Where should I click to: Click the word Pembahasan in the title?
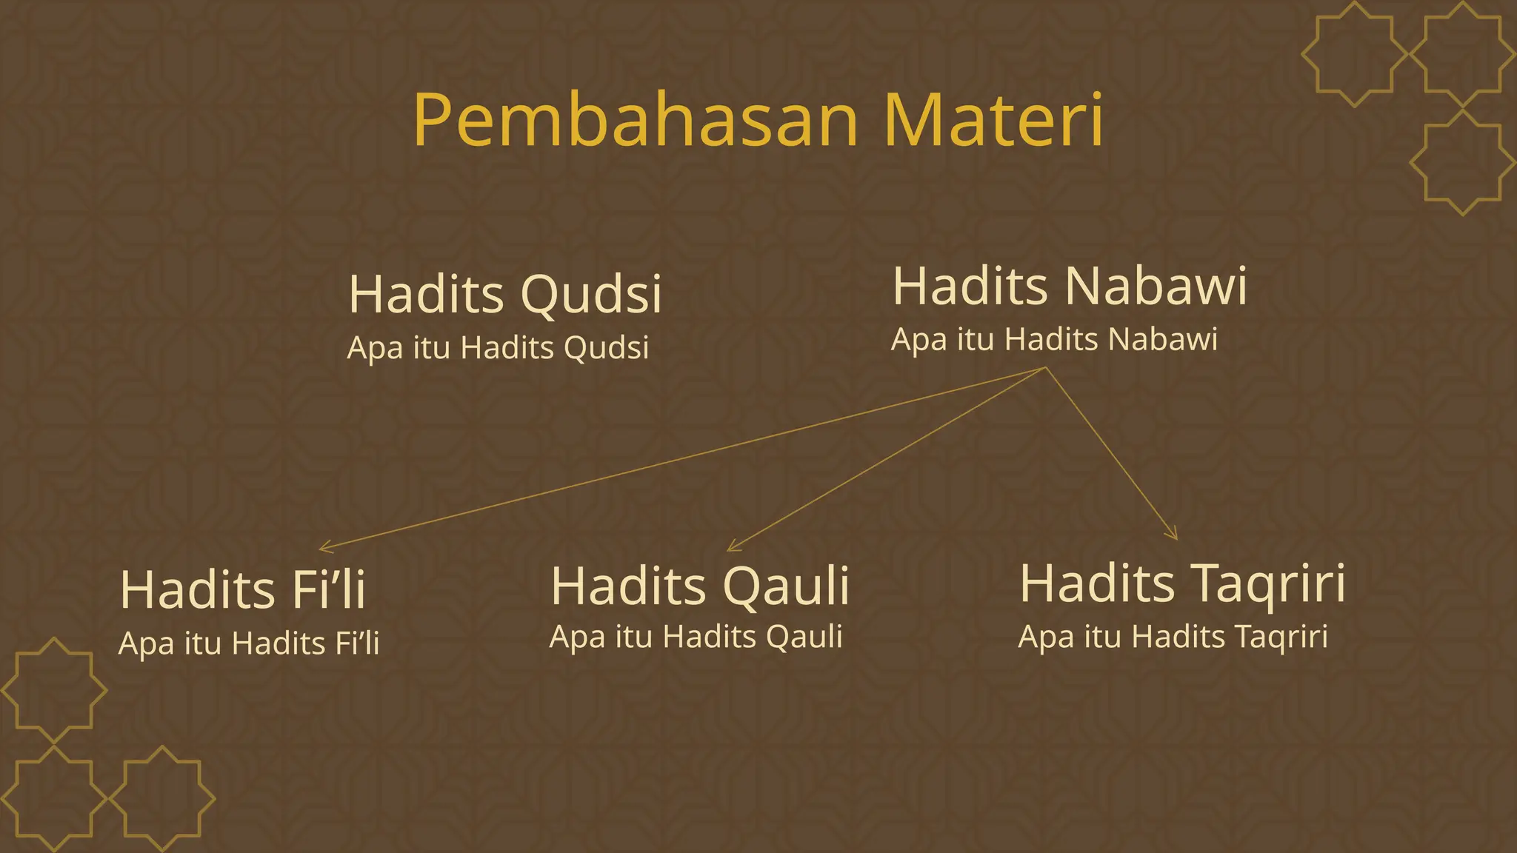(636, 120)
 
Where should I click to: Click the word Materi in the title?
(993, 120)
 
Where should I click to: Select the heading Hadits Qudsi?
(504, 295)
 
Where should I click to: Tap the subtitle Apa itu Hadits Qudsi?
(498, 348)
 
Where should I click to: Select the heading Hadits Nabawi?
(1070, 287)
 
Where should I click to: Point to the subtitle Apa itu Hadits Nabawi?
(1054, 340)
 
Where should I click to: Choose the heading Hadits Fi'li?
(242, 590)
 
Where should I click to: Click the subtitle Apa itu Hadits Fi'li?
(249, 643)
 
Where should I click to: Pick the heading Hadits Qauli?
(699, 586)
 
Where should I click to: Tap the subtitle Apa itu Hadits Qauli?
(696, 637)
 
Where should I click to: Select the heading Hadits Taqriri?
(1182, 584)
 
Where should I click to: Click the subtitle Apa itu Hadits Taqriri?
(1173, 637)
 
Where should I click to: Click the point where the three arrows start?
(1045, 367)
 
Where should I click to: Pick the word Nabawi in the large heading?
(1156, 287)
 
